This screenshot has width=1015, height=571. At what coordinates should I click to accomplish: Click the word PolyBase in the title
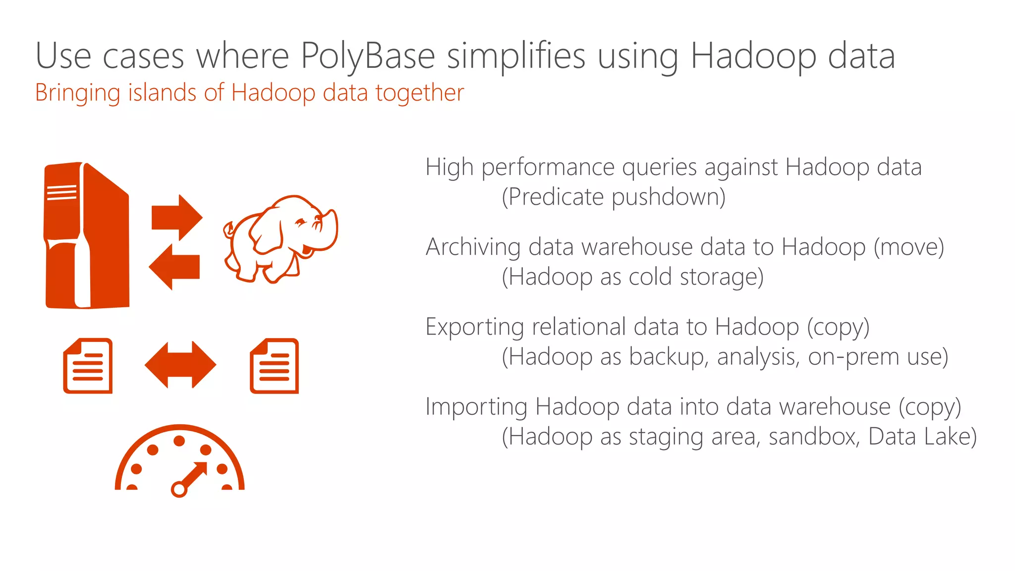[x=367, y=56]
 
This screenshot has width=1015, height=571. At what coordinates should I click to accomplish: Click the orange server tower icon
[x=87, y=235]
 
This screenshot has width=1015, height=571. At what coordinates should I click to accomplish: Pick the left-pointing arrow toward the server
[x=174, y=267]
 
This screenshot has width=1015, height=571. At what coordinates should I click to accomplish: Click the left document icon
[x=88, y=366]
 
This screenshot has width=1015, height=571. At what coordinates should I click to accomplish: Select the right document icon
[x=274, y=366]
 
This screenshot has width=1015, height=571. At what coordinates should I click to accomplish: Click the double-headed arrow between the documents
[x=180, y=365]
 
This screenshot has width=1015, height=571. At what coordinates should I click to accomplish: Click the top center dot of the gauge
[x=179, y=441]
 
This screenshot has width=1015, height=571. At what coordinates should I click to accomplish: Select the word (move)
[x=908, y=247]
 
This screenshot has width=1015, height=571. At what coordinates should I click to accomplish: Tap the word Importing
[x=476, y=407]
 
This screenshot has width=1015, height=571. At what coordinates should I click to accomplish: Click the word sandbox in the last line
[x=813, y=437]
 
